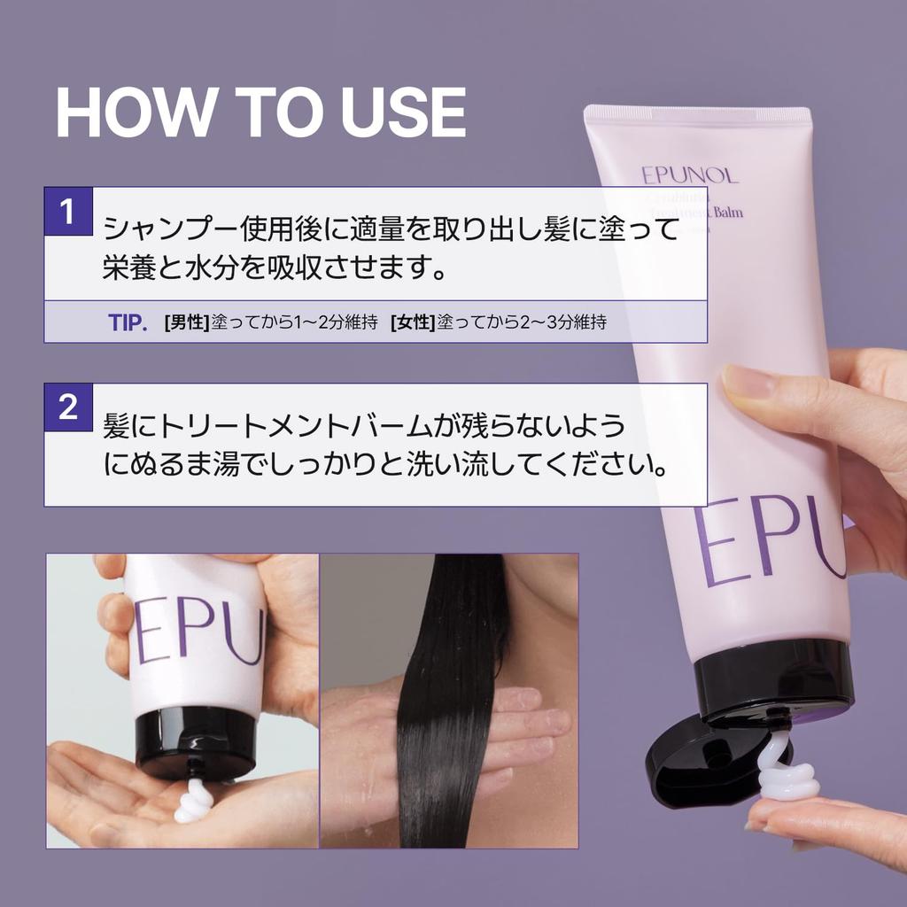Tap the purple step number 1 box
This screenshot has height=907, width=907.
(68, 212)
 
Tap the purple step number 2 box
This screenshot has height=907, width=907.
(68, 407)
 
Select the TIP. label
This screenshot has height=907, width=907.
(127, 322)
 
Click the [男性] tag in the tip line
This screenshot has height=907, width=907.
(186, 323)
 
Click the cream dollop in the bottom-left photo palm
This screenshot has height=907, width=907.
(194, 802)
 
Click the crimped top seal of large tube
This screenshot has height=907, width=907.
(696, 115)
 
